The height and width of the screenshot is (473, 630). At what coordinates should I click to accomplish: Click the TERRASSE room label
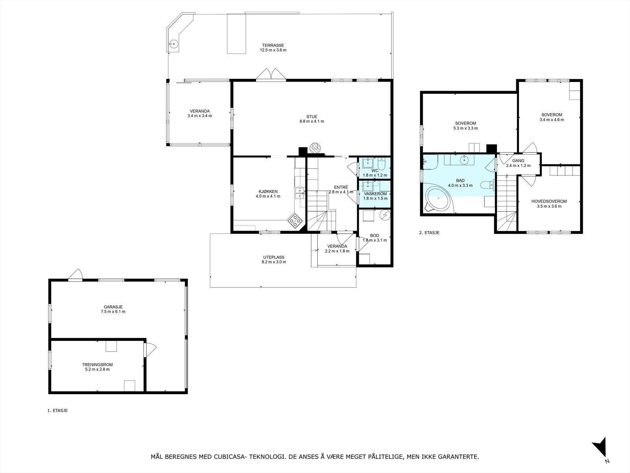(x=273, y=45)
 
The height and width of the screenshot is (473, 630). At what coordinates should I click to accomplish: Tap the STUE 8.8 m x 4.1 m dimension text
(x=312, y=121)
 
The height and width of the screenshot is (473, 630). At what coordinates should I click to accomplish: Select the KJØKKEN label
(x=268, y=192)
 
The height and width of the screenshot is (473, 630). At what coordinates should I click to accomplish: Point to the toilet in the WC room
(x=382, y=164)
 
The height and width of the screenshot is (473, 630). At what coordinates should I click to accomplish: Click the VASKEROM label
(x=375, y=194)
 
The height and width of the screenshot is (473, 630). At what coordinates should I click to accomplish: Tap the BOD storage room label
(x=374, y=235)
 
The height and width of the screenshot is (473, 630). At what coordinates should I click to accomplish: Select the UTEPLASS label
(x=274, y=257)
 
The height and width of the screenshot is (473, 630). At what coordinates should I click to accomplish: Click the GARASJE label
(x=113, y=307)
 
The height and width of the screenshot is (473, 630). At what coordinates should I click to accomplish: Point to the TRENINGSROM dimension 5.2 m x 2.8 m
(x=97, y=369)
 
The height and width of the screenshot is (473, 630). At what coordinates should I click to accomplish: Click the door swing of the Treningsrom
(x=151, y=350)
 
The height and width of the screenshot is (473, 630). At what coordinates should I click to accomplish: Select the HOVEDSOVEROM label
(x=549, y=201)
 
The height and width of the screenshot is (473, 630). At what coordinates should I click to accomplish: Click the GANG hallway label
(x=518, y=161)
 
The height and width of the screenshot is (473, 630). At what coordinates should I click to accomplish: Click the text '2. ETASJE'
(x=429, y=233)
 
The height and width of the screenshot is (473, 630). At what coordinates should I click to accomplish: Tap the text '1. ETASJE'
(x=57, y=411)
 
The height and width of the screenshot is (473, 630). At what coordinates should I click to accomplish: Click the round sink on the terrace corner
(x=173, y=44)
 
